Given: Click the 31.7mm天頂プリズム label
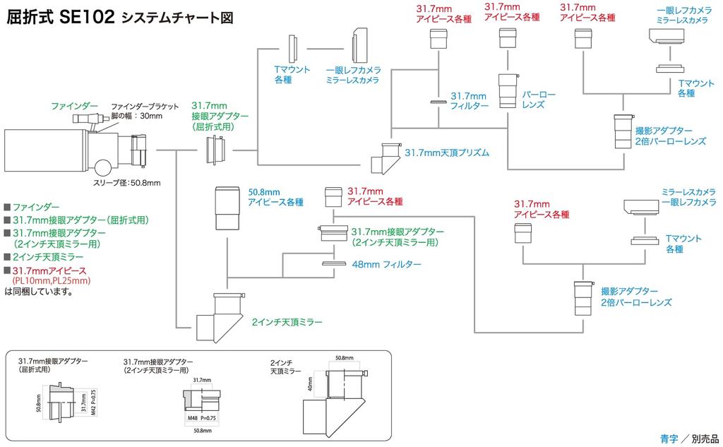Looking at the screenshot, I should click(x=447, y=152).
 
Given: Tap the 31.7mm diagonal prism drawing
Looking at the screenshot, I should click(x=385, y=157).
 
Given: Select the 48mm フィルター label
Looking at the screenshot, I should click(x=386, y=264).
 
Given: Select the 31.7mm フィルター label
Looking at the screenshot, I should click(x=470, y=100).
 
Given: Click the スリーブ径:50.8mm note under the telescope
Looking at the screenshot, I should click(x=127, y=184).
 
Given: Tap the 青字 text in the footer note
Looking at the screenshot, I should click(x=668, y=438).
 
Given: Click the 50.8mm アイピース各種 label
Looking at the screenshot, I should click(x=275, y=196).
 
